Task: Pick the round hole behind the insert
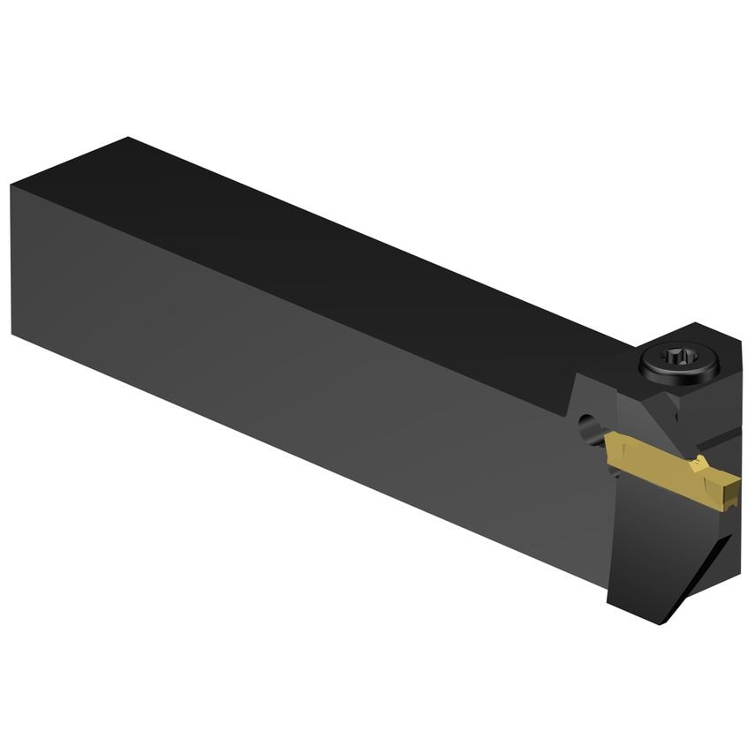click(585, 429)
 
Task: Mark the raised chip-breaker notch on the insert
click(698, 463)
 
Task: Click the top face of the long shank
click(336, 256)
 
